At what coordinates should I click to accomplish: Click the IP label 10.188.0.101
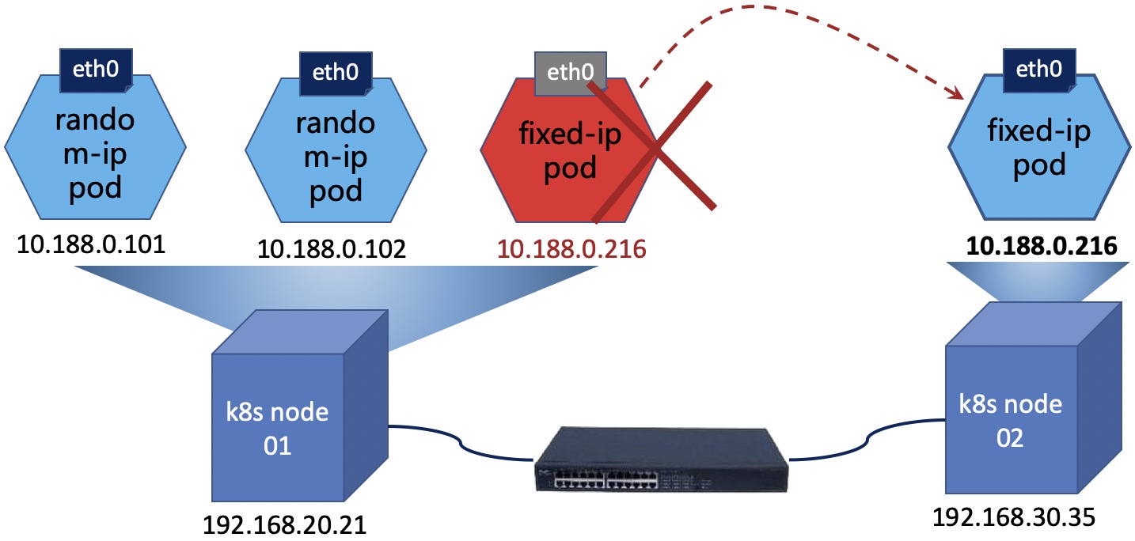click(x=91, y=244)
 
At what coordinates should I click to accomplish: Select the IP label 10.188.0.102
click(x=332, y=249)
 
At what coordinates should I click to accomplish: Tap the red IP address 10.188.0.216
click(x=571, y=249)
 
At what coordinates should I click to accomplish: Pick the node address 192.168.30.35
click(x=1014, y=517)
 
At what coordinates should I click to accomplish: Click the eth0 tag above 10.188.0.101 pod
click(x=97, y=69)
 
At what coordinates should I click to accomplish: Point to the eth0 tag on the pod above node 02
click(x=1038, y=69)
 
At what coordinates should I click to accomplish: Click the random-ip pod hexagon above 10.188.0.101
click(x=95, y=154)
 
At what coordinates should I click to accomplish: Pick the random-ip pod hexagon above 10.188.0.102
click(x=335, y=158)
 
